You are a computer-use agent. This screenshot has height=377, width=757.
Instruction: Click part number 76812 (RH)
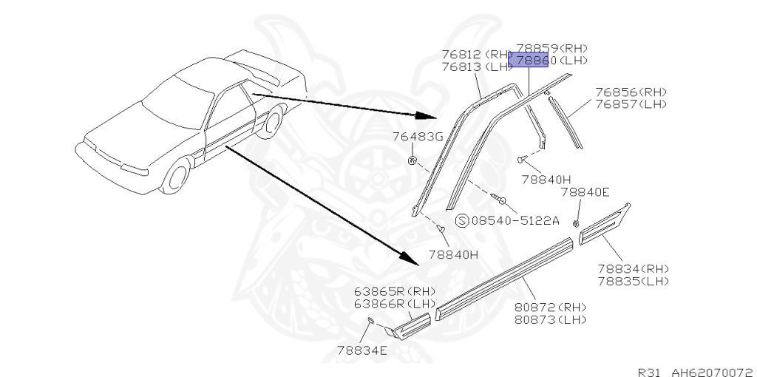(x=477, y=54)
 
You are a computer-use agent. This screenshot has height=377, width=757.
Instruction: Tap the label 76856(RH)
(x=631, y=92)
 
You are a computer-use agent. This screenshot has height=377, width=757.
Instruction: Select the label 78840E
(x=585, y=192)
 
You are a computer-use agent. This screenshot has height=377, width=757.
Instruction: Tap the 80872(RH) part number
(x=549, y=307)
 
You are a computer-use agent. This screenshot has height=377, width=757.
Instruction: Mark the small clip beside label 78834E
(x=370, y=319)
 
